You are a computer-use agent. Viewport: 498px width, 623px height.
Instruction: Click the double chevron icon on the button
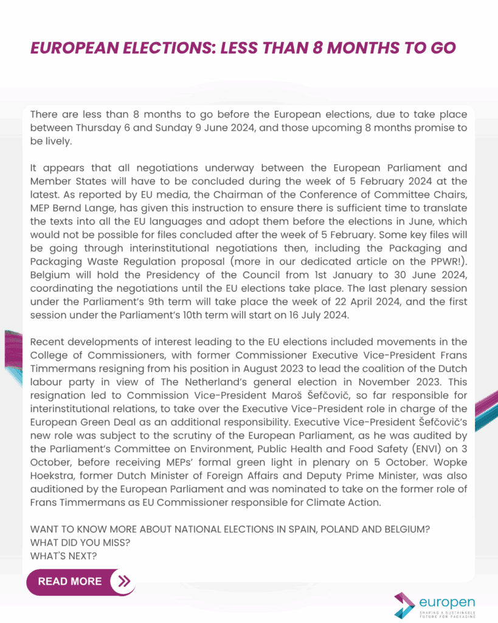(x=124, y=581)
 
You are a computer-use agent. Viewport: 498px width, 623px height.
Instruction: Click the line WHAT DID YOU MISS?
(x=80, y=543)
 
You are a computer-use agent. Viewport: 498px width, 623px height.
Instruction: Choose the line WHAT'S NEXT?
(x=63, y=556)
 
